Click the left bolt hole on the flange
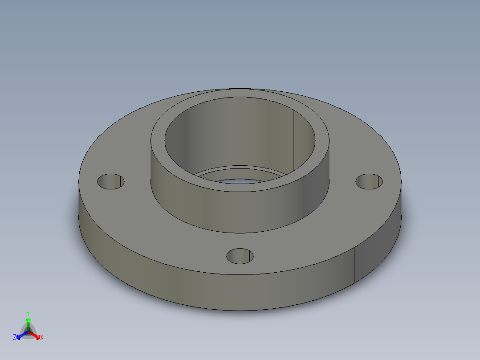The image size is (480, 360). pos(110,181)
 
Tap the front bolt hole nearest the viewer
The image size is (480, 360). pos(240,256)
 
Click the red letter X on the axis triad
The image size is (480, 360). pos(42,338)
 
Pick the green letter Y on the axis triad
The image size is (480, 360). pos(28,313)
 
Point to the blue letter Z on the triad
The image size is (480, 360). pos(15,338)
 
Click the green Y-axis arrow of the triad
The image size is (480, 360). pos(28,323)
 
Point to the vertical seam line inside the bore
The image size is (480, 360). pos(293,138)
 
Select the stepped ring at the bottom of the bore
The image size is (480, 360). pos(240,172)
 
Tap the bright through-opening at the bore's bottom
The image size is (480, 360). pos(240,181)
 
